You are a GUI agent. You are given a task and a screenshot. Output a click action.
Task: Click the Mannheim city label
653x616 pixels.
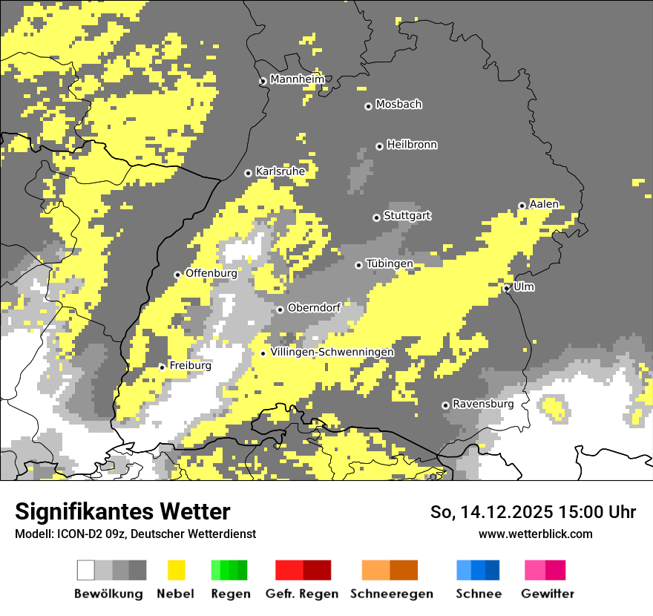(x=297, y=79)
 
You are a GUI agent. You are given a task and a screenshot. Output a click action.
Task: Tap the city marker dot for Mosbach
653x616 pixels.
(x=368, y=106)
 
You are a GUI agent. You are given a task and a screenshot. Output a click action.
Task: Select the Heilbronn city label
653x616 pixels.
(x=412, y=145)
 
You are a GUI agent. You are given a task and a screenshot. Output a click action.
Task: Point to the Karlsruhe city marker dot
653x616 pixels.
(x=249, y=173)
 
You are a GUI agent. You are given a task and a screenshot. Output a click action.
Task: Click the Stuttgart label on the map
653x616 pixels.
(x=407, y=216)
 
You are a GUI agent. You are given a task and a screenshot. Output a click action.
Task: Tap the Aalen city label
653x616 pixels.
(x=544, y=204)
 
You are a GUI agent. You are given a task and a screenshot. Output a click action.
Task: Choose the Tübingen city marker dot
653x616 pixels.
(x=359, y=265)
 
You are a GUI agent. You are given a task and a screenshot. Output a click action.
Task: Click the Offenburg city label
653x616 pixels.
(x=211, y=273)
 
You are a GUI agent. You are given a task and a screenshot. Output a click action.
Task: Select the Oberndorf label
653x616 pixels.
(x=314, y=308)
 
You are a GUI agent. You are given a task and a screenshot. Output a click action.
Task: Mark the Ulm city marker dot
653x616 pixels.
(x=507, y=289)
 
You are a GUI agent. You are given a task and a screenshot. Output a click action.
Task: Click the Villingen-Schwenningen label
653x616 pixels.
(x=332, y=352)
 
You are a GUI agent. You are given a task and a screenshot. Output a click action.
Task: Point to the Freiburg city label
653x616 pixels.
(x=190, y=366)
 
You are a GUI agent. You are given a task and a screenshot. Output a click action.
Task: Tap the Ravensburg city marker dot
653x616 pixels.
(x=445, y=405)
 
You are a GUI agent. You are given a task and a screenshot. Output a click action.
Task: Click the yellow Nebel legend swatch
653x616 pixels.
(x=177, y=570)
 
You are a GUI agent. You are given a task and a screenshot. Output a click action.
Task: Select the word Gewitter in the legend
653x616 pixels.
(x=547, y=594)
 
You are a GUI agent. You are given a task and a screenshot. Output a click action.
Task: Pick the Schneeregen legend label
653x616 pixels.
(x=391, y=594)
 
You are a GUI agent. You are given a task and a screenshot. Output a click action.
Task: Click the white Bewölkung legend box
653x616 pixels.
(x=86, y=570)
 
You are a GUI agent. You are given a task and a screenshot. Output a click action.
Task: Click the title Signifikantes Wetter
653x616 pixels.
(x=122, y=512)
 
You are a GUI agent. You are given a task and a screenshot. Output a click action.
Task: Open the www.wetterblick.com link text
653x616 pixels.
(x=535, y=534)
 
